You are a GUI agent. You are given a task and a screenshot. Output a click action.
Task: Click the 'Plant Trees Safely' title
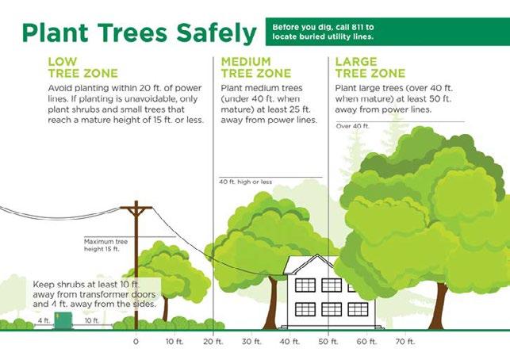pyautogui.click(x=140, y=33)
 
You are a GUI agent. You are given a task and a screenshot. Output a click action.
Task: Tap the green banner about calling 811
pyautogui.click(x=388, y=32)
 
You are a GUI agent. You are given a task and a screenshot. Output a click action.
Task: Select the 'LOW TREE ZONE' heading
pyautogui.click(x=83, y=67)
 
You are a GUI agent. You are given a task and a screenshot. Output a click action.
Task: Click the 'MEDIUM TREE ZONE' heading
pyautogui.click(x=256, y=67)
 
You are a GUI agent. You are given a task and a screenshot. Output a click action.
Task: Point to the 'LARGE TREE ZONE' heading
pyautogui.click(x=370, y=67)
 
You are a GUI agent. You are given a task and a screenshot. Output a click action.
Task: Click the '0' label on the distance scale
pyautogui.click(x=136, y=342)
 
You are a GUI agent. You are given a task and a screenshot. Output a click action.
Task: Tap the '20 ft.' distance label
pyautogui.click(x=213, y=342)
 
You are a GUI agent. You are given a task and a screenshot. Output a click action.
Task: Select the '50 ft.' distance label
pyautogui.click(x=328, y=342)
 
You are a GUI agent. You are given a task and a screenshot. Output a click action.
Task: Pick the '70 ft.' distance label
pyautogui.click(x=405, y=342)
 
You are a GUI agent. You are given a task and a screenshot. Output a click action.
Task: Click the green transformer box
pyautogui.click(x=63, y=321)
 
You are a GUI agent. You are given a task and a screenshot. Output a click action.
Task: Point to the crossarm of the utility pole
pyautogui.click(x=136, y=207)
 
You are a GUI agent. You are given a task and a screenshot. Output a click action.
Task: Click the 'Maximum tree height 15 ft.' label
pyautogui.click(x=105, y=245)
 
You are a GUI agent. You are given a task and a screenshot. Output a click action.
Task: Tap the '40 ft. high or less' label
pyautogui.click(x=245, y=182)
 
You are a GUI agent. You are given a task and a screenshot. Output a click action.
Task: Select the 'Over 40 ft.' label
pyautogui.click(x=353, y=126)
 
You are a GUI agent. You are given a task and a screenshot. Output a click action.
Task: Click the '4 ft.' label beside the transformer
pyautogui.click(x=44, y=320)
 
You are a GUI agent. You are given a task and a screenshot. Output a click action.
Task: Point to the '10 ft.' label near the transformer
pyautogui.click(x=92, y=320)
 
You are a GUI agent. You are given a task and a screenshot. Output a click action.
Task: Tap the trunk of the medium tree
pyautogui.click(x=271, y=303)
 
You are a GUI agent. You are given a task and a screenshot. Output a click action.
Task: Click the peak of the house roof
pyautogui.click(x=317, y=255)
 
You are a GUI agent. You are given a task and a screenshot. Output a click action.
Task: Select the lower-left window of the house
pyautogui.click(x=305, y=309)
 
